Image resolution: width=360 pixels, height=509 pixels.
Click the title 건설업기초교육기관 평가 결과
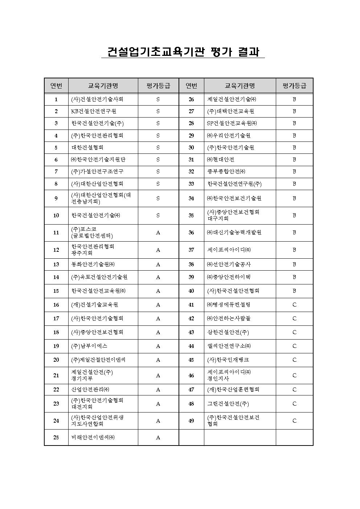(183, 52)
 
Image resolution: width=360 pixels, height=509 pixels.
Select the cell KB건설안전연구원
(94, 111)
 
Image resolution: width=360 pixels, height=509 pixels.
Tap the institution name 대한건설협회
(87, 148)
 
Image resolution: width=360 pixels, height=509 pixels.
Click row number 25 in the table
(56, 438)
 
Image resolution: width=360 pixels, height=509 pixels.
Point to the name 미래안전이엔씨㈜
(93, 438)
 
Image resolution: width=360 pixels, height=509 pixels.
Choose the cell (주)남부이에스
(89, 346)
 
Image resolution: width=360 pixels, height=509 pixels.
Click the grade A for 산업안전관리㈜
(158, 390)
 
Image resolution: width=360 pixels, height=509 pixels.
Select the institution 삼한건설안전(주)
(228, 332)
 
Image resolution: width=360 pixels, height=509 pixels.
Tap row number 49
(191, 421)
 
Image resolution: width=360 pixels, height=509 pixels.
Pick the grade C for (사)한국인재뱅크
(294, 360)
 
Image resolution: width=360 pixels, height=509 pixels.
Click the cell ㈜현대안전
(221, 160)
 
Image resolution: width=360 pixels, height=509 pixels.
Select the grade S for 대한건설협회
(158, 148)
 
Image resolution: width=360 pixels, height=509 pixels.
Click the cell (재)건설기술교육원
(95, 305)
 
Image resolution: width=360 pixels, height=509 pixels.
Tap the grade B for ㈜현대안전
(294, 160)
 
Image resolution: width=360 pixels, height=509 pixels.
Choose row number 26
(191, 99)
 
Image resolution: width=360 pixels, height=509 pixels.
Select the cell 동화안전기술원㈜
(93, 264)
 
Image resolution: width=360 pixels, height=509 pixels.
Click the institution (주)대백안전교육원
(230, 111)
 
